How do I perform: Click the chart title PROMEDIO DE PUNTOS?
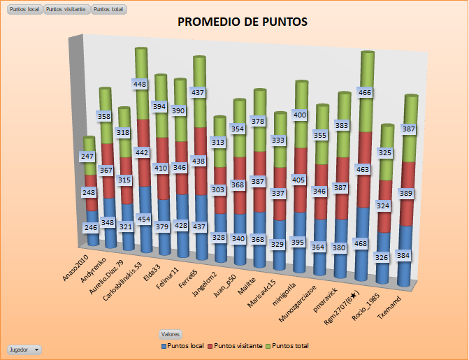[x=243, y=22]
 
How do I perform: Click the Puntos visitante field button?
[x=66, y=9]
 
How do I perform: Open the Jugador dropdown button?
[x=24, y=349]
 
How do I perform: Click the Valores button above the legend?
[x=170, y=334]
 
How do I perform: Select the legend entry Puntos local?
[x=185, y=345]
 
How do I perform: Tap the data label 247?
[x=87, y=157]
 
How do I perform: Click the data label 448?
[x=140, y=84]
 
